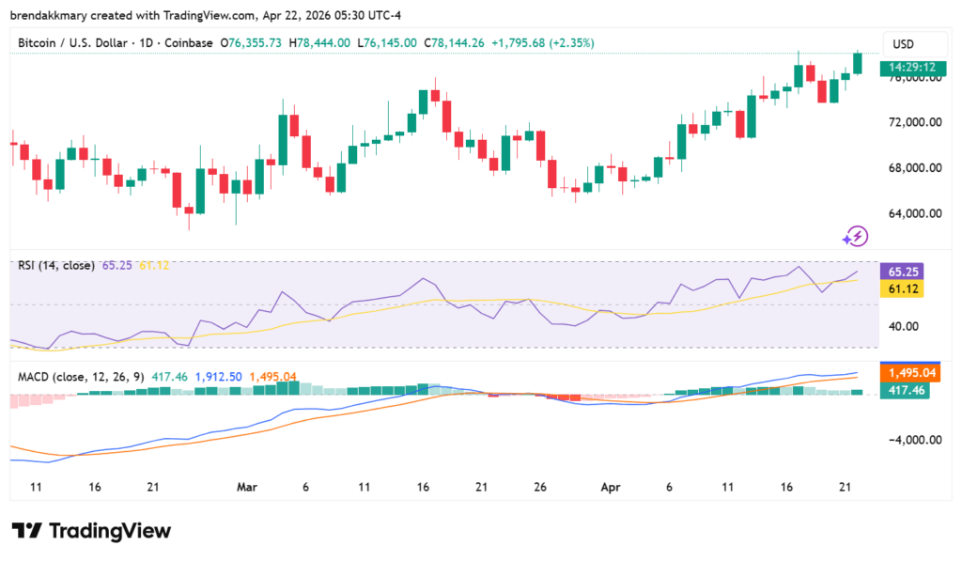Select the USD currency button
coord(903,44)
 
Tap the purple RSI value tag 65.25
coord(902,272)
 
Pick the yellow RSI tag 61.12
coord(902,289)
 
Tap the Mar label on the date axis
coord(247,487)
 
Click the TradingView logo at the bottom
coord(91,531)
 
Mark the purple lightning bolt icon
coord(857,235)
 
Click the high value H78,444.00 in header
coord(319,43)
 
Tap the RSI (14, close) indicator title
coord(56,266)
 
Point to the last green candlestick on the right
coord(857,63)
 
